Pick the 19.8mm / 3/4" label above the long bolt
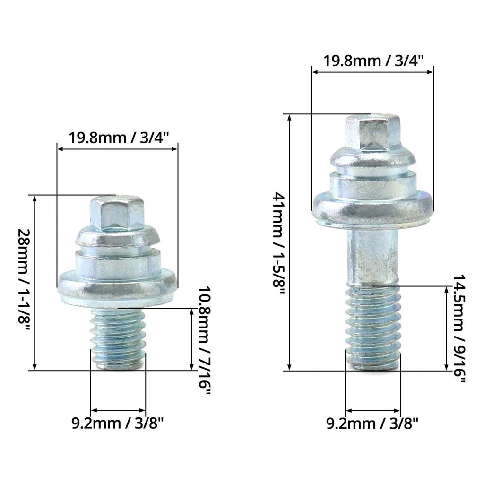pyautogui.click(x=373, y=60)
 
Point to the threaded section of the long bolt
pyautogui.click(x=373, y=326)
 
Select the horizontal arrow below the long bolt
pyautogui.click(x=373, y=410)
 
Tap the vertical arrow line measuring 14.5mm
pyautogui.click(x=446, y=328)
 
